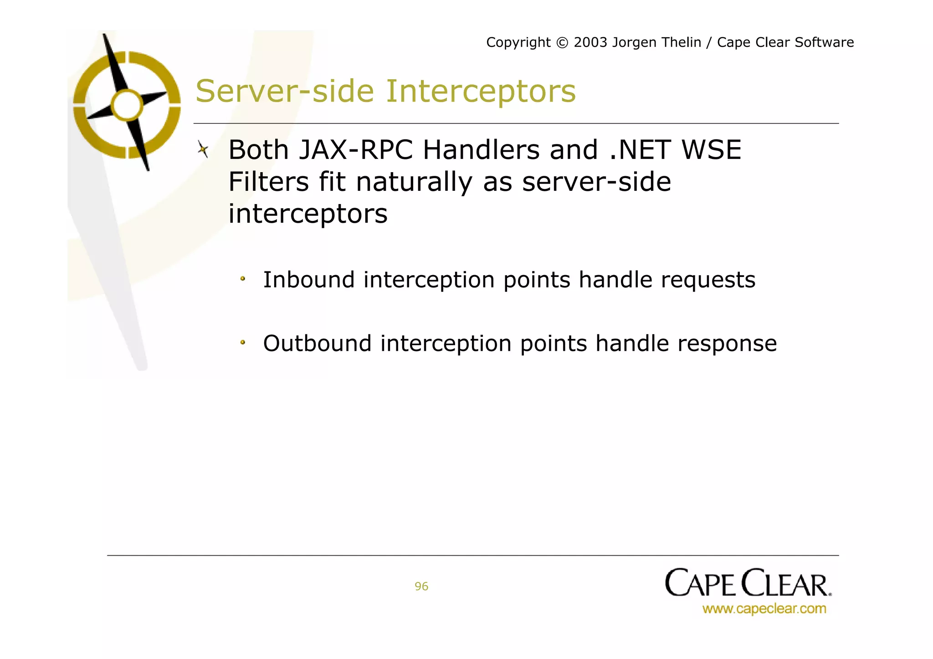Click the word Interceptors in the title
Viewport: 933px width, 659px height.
click(x=481, y=92)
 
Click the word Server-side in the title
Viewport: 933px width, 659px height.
click(x=285, y=92)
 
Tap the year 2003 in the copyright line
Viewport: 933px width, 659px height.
click(x=590, y=42)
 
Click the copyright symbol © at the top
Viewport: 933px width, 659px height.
click(x=562, y=43)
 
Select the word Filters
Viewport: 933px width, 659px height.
click(x=268, y=182)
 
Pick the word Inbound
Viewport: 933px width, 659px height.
click(x=309, y=280)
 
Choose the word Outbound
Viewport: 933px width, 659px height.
click(x=317, y=343)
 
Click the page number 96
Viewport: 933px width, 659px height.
click(x=421, y=587)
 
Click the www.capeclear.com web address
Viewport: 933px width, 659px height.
click(x=764, y=609)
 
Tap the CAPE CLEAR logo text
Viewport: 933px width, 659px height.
click(x=748, y=583)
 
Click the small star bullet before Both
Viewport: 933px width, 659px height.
click(x=203, y=149)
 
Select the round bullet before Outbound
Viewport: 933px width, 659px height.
click(x=243, y=342)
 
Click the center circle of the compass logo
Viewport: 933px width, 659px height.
click(x=127, y=105)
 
